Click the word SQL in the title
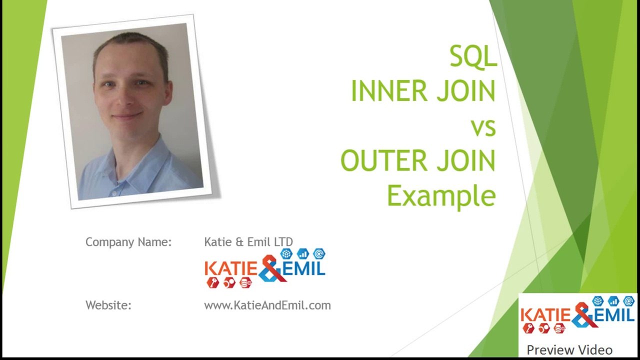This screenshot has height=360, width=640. (x=472, y=56)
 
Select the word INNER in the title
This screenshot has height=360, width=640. (x=389, y=91)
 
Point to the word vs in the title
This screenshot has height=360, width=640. (x=483, y=127)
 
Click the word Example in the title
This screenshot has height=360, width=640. (x=441, y=196)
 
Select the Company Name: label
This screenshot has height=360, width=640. (x=128, y=242)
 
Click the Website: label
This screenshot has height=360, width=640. (x=108, y=305)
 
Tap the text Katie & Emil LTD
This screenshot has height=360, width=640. (x=248, y=242)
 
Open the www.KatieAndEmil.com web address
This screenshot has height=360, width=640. (x=267, y=305)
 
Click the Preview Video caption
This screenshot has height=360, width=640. (x=569, y=350)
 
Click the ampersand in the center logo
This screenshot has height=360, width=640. (x=271, y=268)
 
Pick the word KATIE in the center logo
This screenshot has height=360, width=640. (x=230, y=269)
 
